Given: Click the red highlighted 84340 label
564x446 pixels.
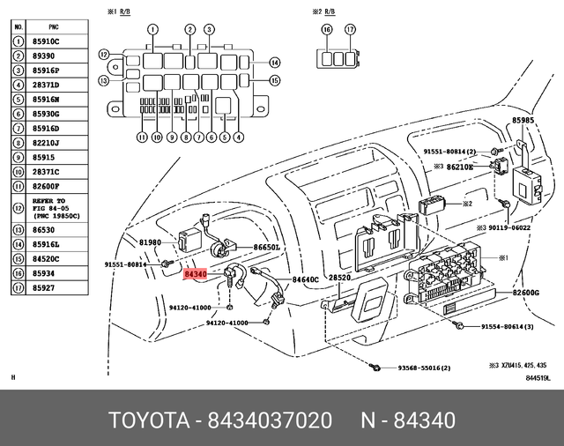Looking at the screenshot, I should click(x=195, y=275).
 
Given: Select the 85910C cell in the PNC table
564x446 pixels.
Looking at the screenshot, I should click(x=47, y=41).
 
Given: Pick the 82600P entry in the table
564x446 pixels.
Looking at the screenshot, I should click(x=47, y=186).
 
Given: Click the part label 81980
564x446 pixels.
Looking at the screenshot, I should click(x=150, y=242).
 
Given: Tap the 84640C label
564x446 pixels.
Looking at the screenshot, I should click(x=305, y=279).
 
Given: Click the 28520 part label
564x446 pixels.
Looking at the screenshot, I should click(x=340, y=278).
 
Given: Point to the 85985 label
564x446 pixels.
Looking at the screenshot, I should click(x=523, y=120).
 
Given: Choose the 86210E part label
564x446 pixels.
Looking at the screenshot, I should click(x=459, y=166).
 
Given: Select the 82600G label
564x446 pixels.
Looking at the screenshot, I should click(x=525, y=293).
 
